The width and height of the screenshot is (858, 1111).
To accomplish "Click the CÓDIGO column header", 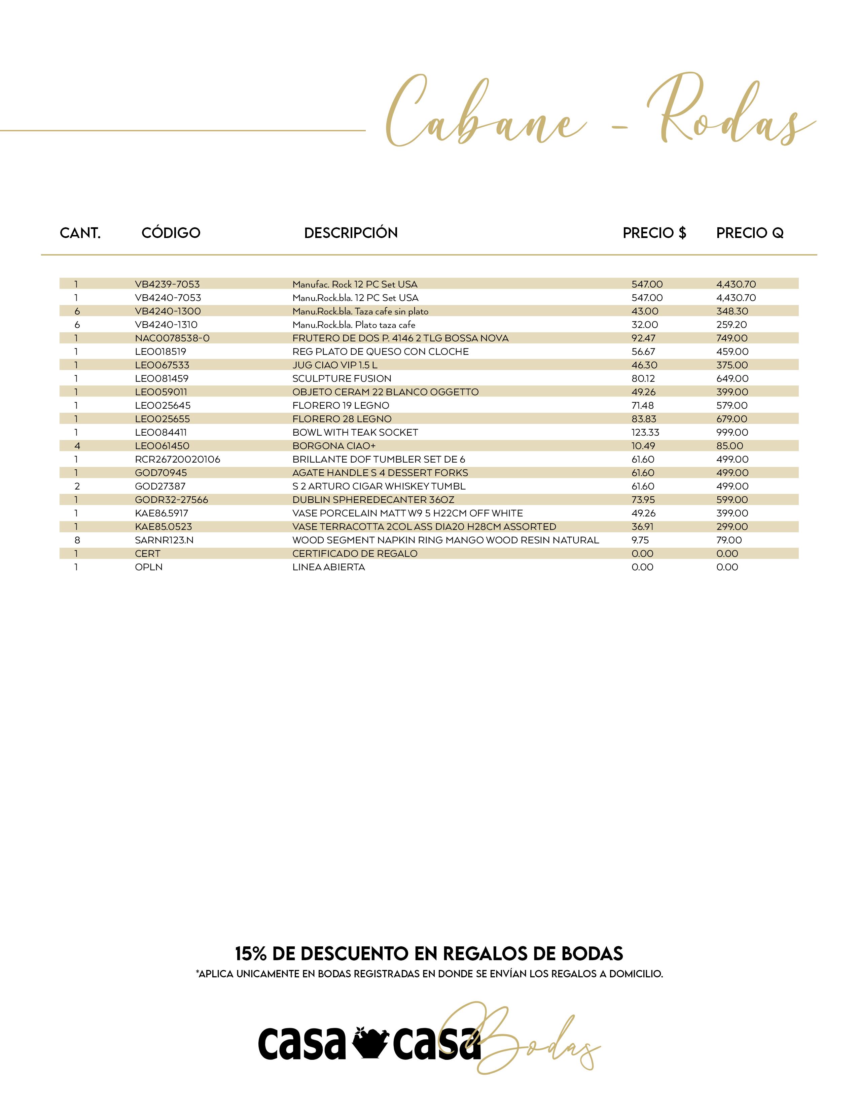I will click(x=171, y=233).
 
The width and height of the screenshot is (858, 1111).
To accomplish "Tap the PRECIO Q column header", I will click(x=750, y=233).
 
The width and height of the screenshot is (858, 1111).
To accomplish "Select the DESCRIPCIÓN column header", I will click(x=351, y=233).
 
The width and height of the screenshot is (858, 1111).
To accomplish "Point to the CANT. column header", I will click(x=80, y=233).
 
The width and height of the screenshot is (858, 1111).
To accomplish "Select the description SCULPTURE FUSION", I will click(x=342, y=378).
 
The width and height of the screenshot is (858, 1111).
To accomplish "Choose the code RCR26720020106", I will click(x=177, y=459).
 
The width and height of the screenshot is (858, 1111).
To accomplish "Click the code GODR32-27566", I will click(x=171, y=500).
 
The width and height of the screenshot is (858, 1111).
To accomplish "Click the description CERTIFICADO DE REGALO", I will click(x=355, y=553).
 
